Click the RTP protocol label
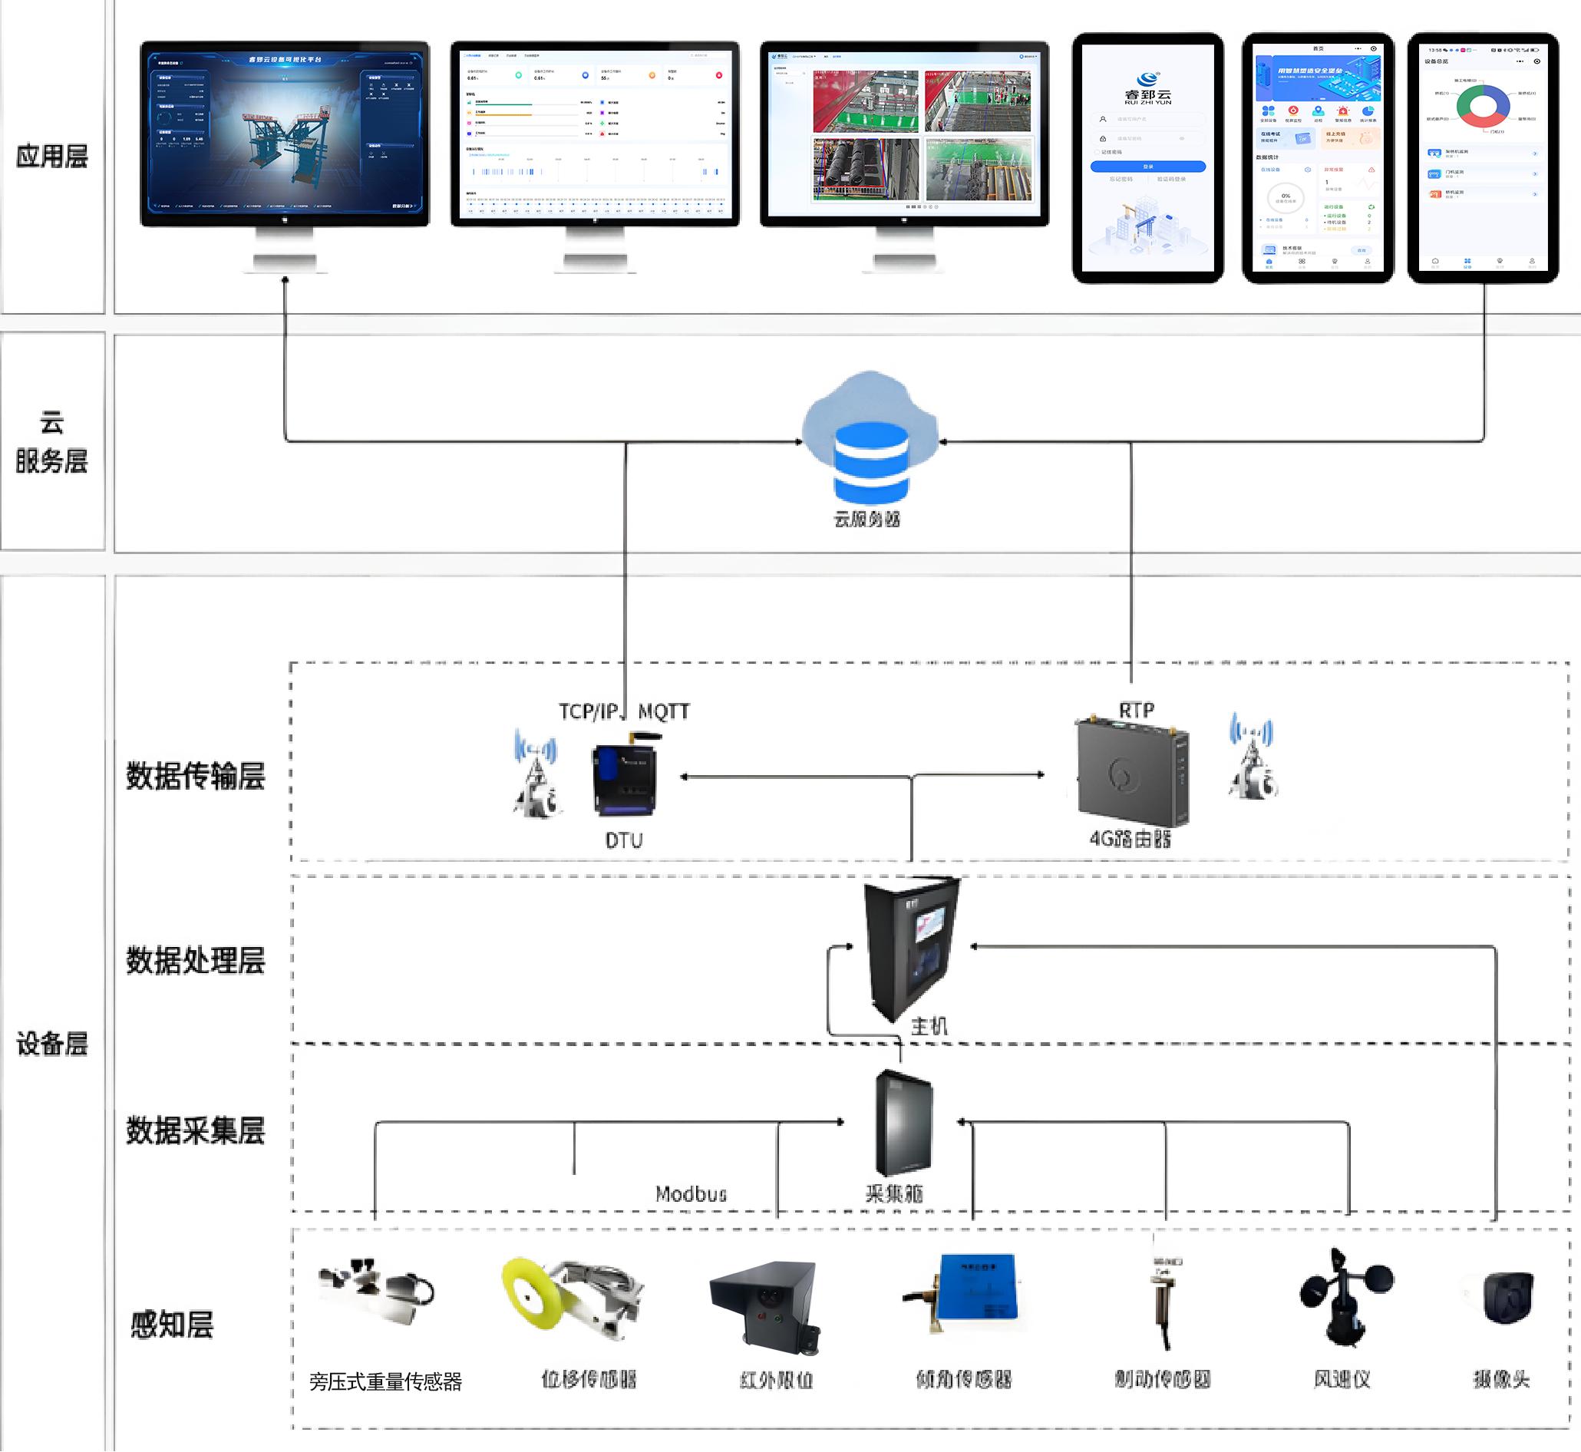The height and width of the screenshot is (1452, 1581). pyautogui.click(x=1136, y=711)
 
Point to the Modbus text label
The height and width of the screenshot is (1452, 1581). pyautogui.click(x=691, y=1194)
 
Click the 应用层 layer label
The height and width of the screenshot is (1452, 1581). pyautogui.click(x=52, y=156)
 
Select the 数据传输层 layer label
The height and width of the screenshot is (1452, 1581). pyautogui.click(x=196, y=775)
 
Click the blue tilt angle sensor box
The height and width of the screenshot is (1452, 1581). pyautogui.click(x=979, y=1288)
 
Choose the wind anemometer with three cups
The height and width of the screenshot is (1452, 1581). pyautogui.click(x=1345, y=1295)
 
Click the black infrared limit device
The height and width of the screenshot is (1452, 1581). pyautogui.click(x=766, y=1305)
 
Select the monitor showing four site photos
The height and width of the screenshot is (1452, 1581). pyautogui.click(x=904, y=134)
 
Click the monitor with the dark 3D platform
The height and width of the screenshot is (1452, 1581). pyautogui.click(x=285, y=134)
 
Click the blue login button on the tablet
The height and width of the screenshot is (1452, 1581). pyautogui.click(x=1147, y=167)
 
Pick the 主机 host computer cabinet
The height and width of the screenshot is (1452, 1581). pyautogui.click(x=912, y=947)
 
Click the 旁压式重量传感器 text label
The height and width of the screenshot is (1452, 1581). pyautogui.click(x=385, y=1381)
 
